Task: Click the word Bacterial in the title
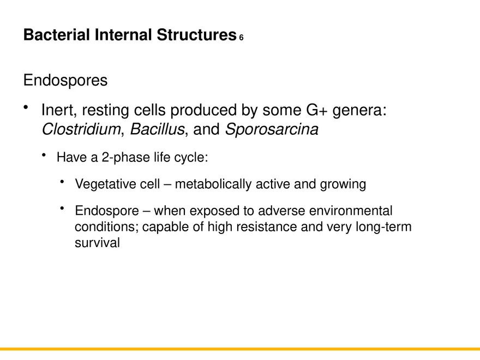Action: (57, 35)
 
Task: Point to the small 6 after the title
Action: (241, 38)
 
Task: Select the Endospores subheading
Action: (65, 81)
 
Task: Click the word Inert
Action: (59, 111)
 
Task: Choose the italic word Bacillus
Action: (157, 130)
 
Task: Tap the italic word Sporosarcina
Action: (272, 130)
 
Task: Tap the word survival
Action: (97, 243)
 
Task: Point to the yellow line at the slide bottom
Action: (240, 349)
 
